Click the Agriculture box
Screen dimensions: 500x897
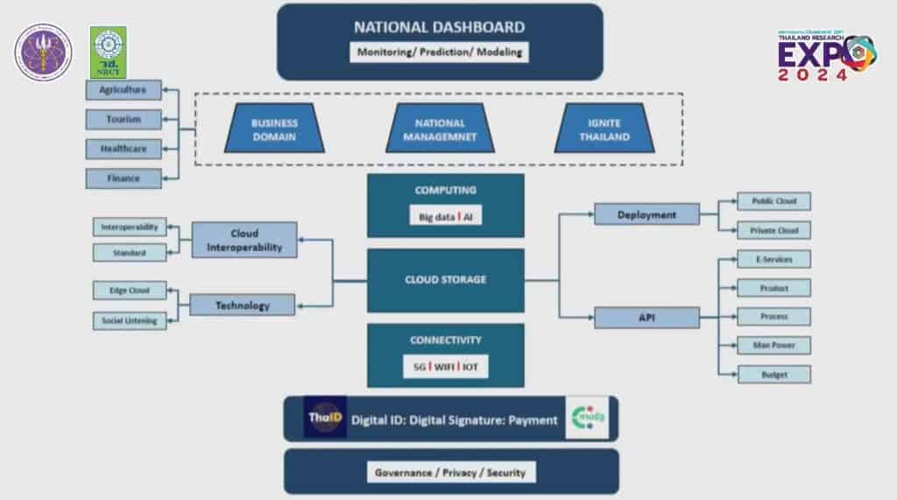coord(124,89)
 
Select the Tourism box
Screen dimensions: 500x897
coord(124,119)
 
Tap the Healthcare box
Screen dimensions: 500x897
coord(124,149)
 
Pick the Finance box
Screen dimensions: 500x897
coord(124,179)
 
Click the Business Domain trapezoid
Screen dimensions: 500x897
coord(274,130)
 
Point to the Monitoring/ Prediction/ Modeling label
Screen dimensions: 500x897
coord(440,52)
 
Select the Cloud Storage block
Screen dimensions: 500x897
coord(445,280)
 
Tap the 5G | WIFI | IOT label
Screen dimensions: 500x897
coord(446,367)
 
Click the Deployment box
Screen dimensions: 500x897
coord(646,215)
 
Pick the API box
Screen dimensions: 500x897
coord(646,317)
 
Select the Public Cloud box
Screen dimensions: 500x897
coord(773,201)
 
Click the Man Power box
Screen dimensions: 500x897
coord(773,345)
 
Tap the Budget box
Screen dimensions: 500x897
coord(773,374)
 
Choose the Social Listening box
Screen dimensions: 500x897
coord(129,320)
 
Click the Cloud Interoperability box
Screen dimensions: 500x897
coord(244,240)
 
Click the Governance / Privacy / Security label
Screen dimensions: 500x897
coord(450,472)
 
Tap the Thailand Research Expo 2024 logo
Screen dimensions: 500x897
coord(826,56)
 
